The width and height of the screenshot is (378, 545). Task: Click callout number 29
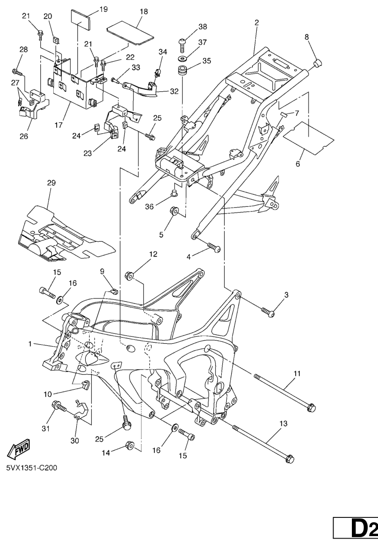(x=51, y=183)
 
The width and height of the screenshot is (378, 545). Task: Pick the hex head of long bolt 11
(x=310, y=407)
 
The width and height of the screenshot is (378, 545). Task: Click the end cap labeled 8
(x=317, y=63)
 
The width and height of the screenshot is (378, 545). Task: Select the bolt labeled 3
(x=268, y=312)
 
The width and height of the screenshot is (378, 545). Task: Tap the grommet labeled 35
(x=185, y=69)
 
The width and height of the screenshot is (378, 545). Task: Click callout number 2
(x=256, y=23)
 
